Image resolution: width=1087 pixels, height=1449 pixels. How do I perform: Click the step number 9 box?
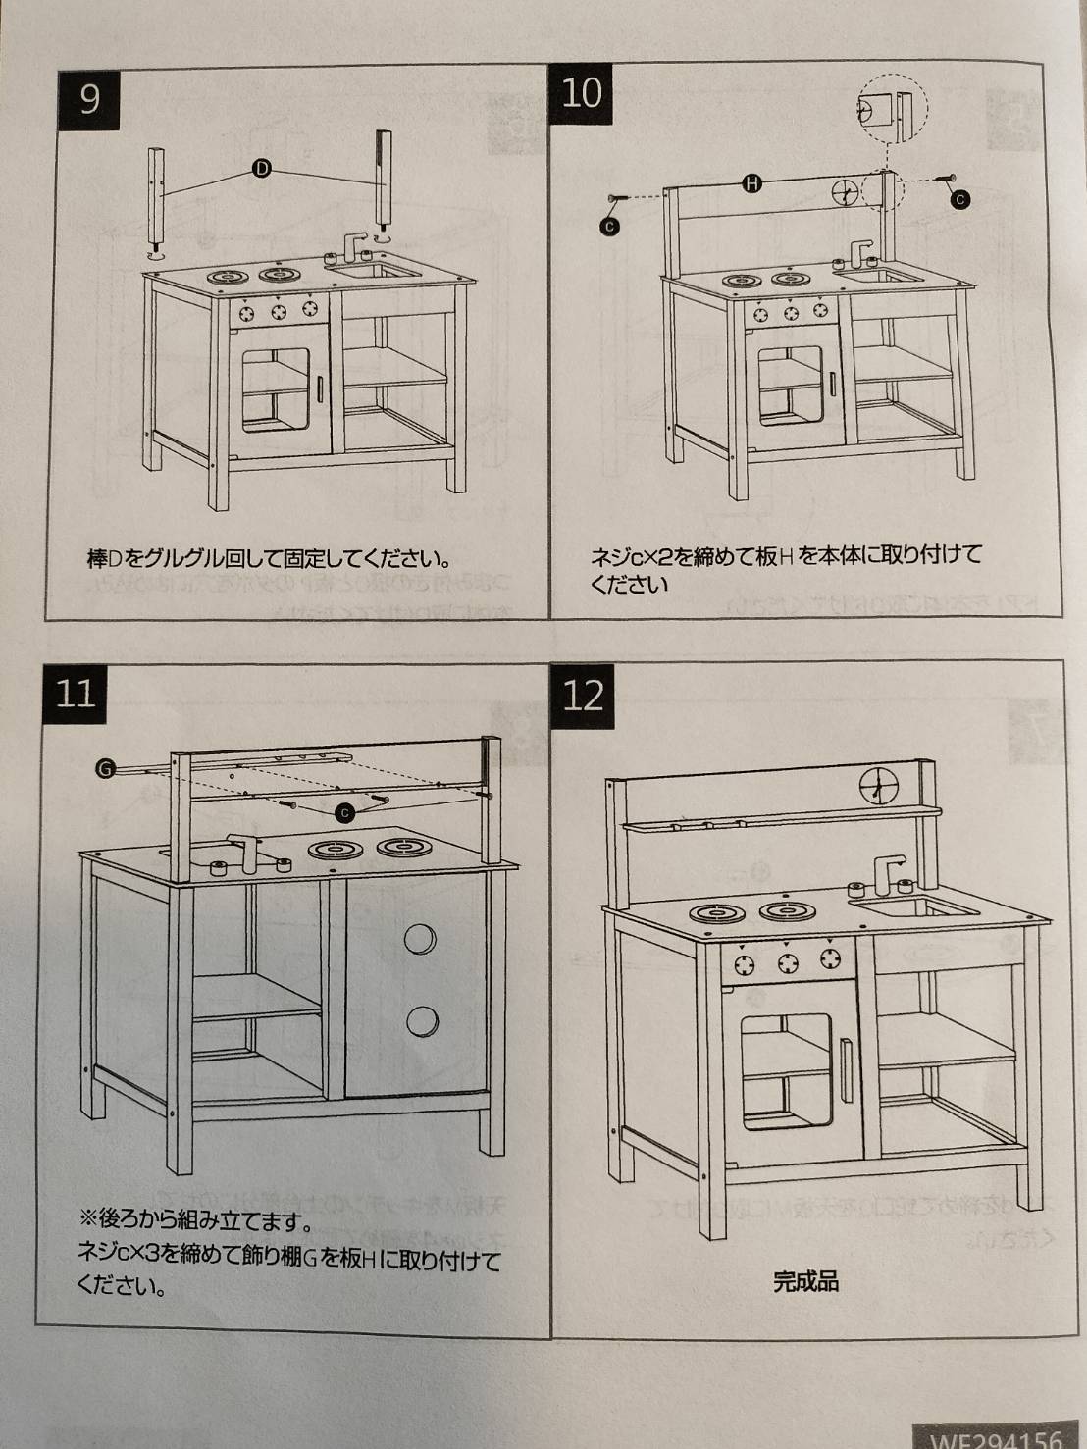(89, 99)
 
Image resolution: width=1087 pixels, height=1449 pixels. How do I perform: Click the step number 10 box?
(581, 93)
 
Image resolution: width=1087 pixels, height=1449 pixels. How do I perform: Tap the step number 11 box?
(75, 694)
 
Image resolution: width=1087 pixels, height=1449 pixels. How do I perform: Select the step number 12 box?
(584, 696)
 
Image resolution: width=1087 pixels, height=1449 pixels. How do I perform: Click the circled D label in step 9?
(262, 169)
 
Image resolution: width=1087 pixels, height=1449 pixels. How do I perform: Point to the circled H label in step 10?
(751, 183)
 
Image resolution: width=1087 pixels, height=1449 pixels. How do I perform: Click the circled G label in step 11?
(104, 768)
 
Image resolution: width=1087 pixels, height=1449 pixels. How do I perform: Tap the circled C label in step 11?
(343, 812)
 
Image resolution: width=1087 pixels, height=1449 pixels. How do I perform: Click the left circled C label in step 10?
(609, 227)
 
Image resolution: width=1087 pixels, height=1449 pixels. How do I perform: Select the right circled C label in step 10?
(960, 199)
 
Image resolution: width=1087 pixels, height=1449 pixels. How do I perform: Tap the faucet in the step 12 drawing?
(884, 872)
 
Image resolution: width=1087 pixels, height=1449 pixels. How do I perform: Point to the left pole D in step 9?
(156, 196)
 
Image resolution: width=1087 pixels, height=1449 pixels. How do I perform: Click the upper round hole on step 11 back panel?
(420, 939)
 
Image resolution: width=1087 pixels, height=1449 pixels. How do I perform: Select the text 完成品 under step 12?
(805, 1281)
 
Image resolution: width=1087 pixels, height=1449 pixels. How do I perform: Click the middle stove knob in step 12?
(788, 962)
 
